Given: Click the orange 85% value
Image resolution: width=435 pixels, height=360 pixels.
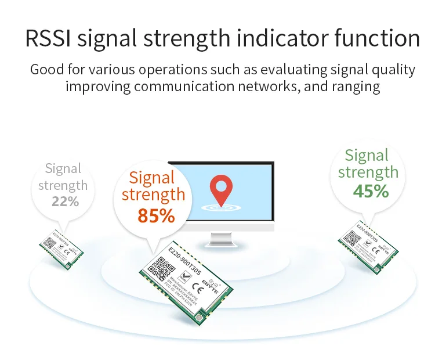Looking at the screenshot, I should [156, 215].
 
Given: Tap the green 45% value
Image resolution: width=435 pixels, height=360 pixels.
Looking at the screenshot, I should [371, 191].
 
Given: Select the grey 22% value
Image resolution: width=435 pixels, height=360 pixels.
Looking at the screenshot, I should [65, 201].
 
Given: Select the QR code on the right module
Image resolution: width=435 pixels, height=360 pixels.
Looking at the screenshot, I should [353, 238].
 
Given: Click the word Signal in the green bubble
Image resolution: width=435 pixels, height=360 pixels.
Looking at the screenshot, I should [367, 155].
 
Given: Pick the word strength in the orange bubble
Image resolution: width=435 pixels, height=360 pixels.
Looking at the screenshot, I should [154, 195].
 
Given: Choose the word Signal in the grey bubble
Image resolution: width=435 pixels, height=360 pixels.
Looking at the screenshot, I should [63, 169].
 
